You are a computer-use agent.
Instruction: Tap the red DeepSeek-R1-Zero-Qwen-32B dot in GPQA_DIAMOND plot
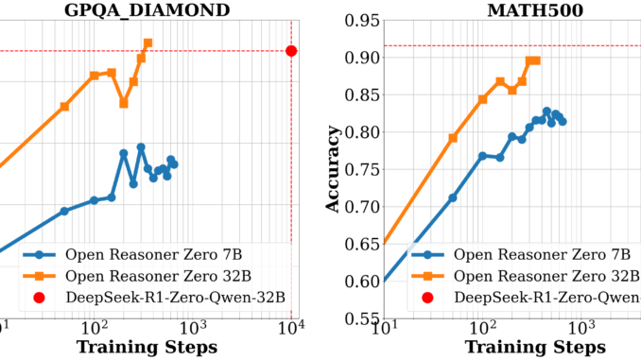tap(291, 51)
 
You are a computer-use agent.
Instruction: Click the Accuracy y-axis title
tap(333, 169)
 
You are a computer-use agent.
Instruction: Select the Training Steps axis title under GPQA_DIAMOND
tap(147, 347)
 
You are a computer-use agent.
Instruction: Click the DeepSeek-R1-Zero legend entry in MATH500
tap(534, 298)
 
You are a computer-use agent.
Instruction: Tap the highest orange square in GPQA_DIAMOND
tap(148, 43)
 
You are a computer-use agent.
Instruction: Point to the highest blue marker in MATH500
tap(546, 111)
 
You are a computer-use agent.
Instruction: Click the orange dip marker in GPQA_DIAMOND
tap(124, 103)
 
